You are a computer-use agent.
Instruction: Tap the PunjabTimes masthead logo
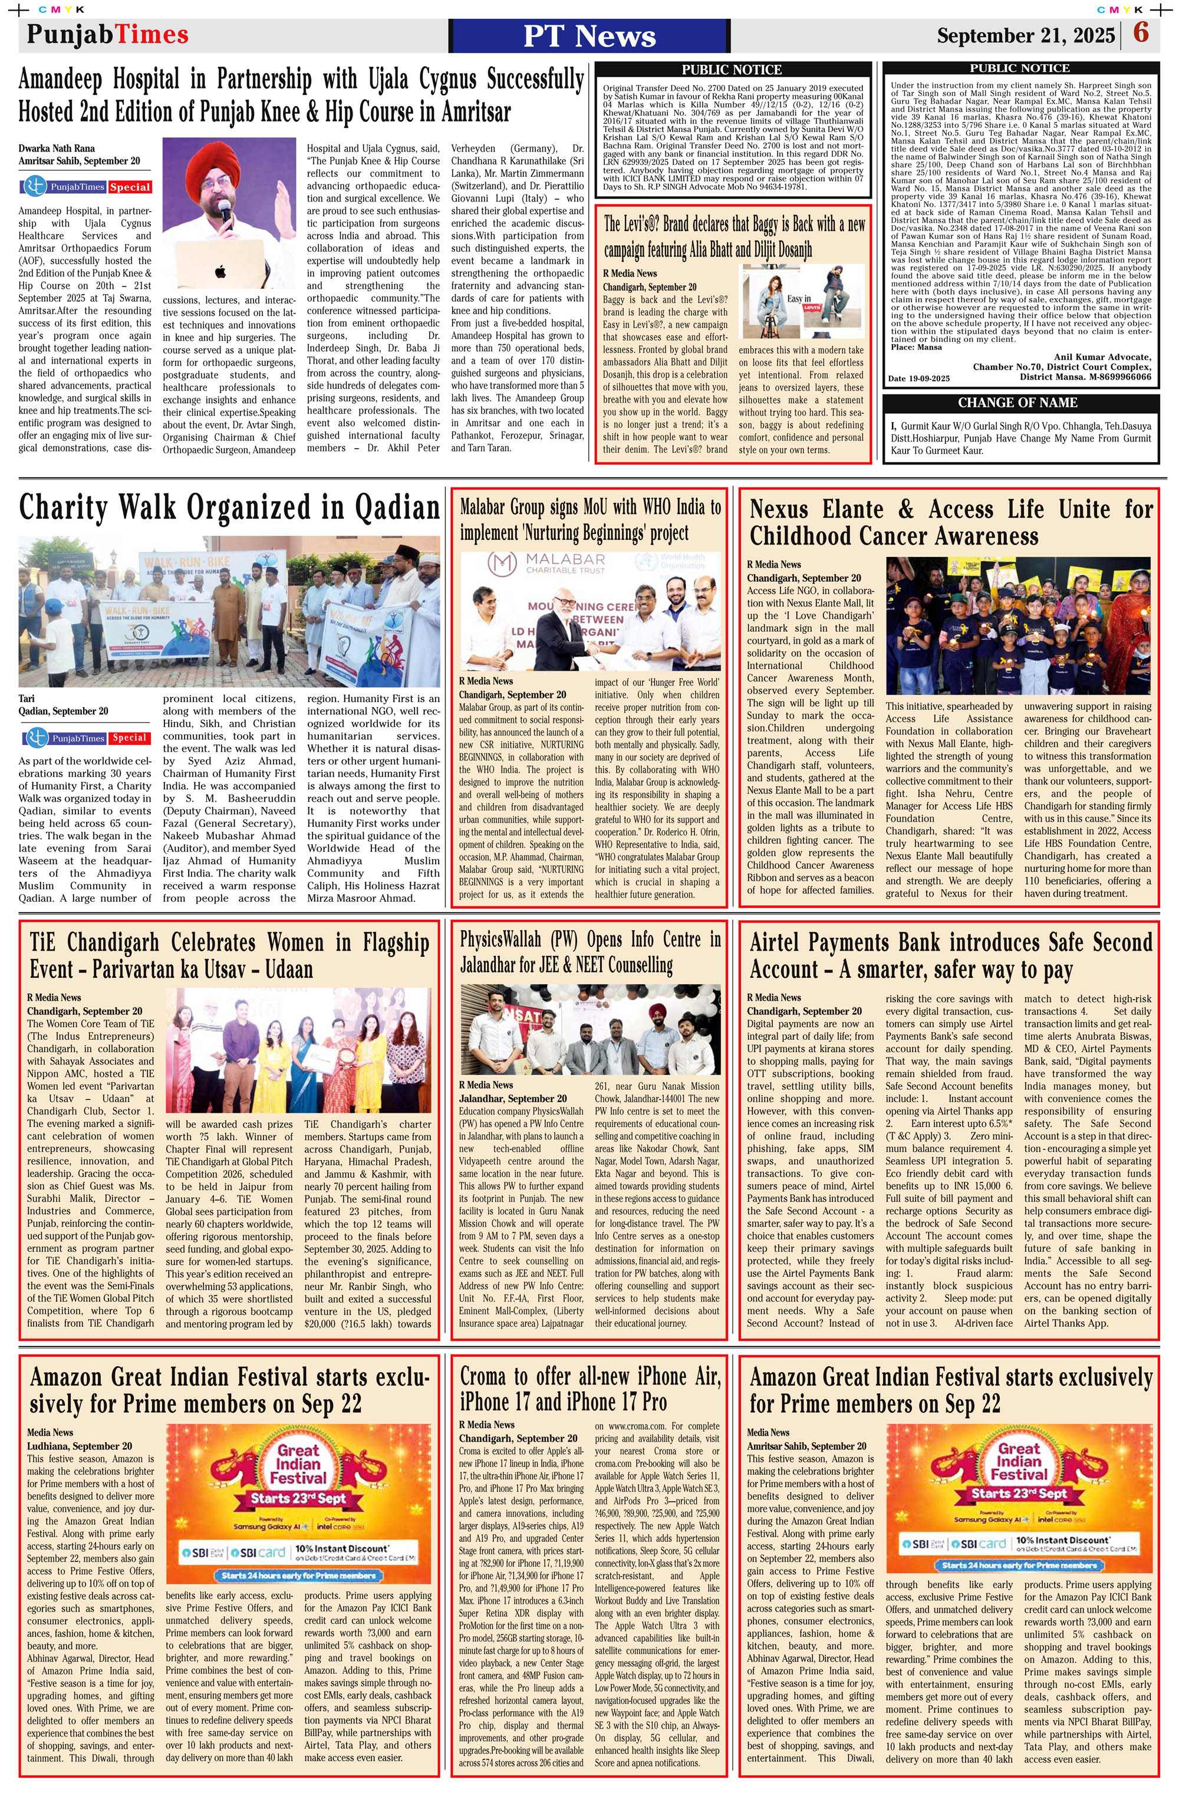108,35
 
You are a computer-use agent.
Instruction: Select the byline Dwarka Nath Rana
57,149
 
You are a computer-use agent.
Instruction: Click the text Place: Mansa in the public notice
916,348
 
